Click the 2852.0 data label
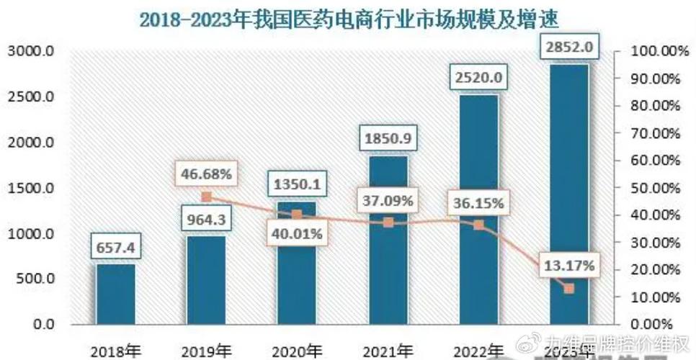click(x=568, y=48)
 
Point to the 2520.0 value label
click(x=478, y=76)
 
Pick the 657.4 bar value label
click(x=116, y=249)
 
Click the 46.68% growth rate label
click(x=206, y=174)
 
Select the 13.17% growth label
click(x=569, y=266)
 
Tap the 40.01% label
click(x=297, y=233)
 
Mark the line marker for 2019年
click(x=207, y=197)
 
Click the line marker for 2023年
click(x=569, y=289)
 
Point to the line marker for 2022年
click(x=478, y=225)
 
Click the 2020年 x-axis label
click(x=297, y=352)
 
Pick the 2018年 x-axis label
click(x=116, y=352)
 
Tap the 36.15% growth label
click(x=478, y=202)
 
